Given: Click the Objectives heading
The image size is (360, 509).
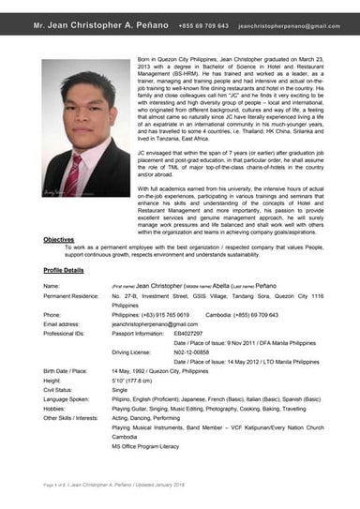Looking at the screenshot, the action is (60, 240).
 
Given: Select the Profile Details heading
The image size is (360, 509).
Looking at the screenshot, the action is (63, 270).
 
